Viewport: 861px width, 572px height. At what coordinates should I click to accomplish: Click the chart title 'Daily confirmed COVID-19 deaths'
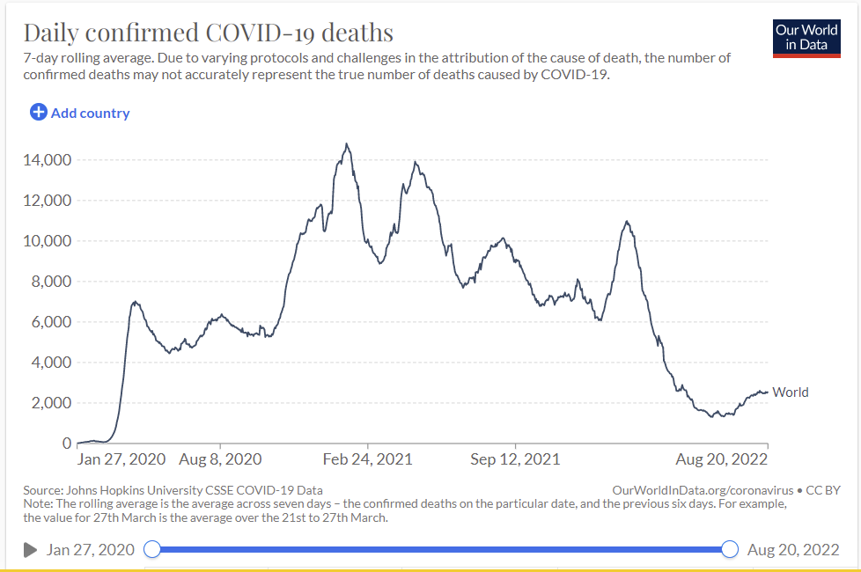click(x=208, y=33)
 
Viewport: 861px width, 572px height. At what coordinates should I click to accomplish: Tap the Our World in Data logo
click(x=806, y=38)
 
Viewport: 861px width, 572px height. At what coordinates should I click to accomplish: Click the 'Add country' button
click(x=80, y=113)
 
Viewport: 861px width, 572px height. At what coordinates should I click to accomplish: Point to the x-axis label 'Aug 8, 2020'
click(x=220, y=459)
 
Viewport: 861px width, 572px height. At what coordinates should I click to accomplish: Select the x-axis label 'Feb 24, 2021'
click(x=368, y=459)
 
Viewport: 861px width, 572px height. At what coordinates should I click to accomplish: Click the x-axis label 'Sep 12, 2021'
click(x=515, y=459)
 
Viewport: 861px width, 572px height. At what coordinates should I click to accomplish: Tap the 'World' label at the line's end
click(x=791, y=392)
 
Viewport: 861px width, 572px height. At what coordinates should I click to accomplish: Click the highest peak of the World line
click(x=347, y=143)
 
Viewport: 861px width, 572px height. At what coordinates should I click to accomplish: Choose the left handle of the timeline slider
click(x=152, y=550)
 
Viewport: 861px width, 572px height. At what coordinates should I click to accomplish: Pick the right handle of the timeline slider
click(x=730, y=550)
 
